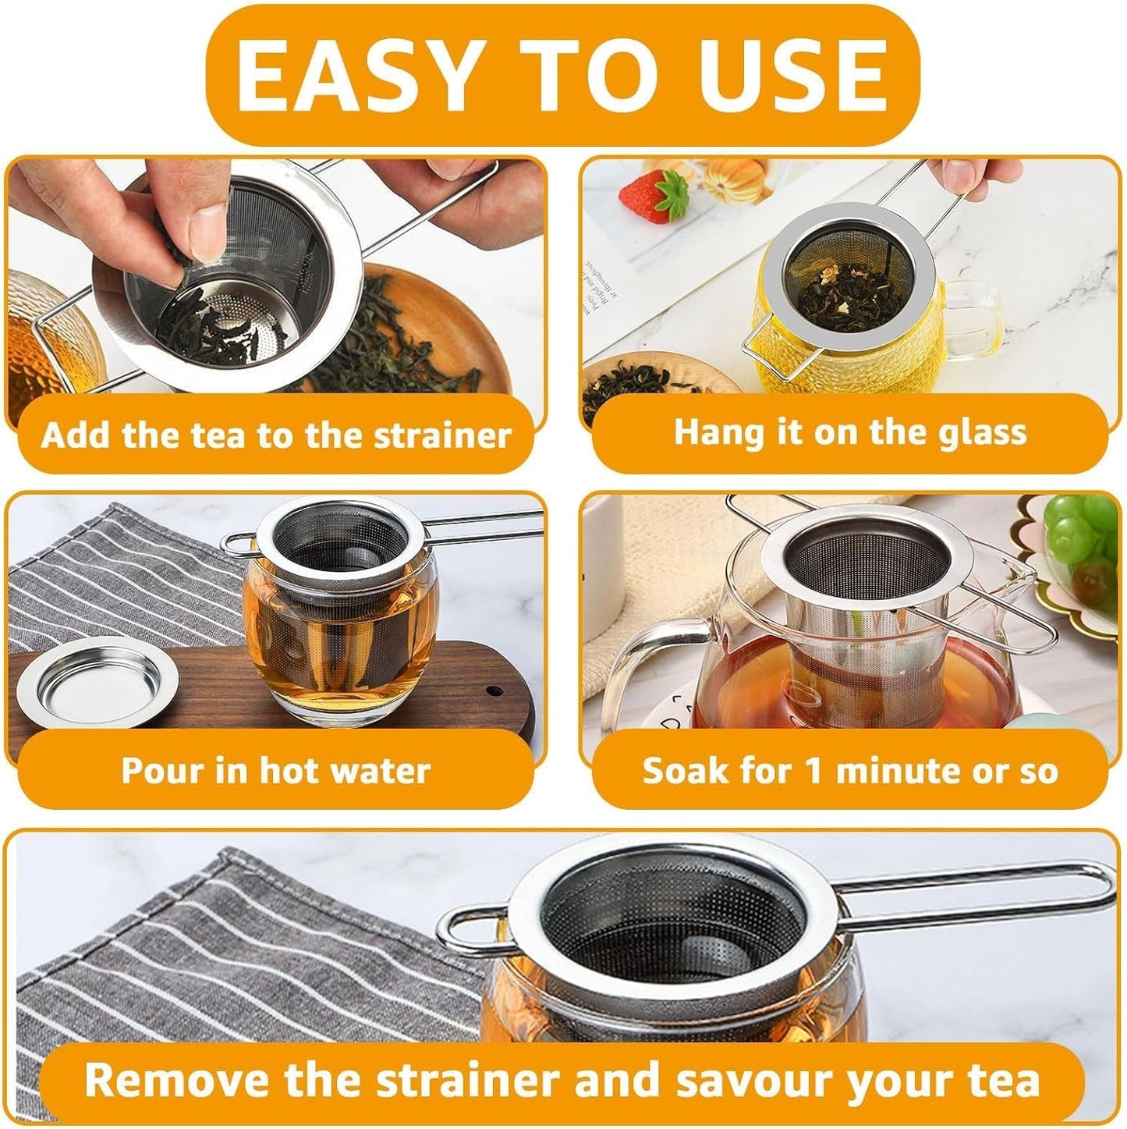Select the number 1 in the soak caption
pyautogui.click(x=813, y=771)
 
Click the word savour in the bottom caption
pyautogui.click(x=756, y=1081)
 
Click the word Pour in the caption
pyautogui.click(x=162, y=771)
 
